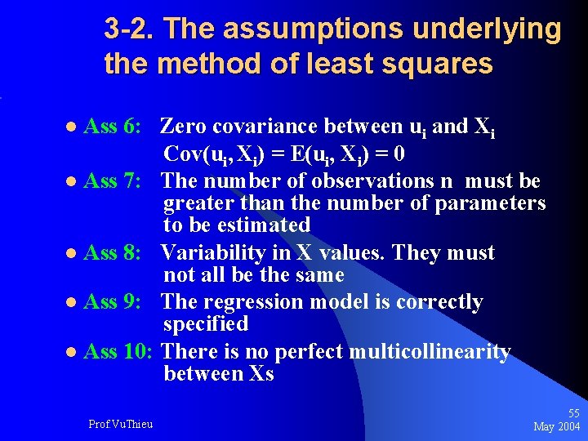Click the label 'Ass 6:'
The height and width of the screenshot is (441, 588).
pyautogui.click(x=114, y=127)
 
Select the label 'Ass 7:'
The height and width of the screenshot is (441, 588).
pyautogui.click(x=114, y=180)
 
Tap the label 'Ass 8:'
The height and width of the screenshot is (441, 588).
pyautogui.click(x=114, y=253)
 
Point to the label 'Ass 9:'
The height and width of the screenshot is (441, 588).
pyautogui.click(x=114, y=302)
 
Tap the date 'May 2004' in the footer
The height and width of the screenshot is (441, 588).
pyautogui.click(x=557, y=427)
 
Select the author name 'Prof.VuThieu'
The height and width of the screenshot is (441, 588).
pyautogui.click(x=120, y=423)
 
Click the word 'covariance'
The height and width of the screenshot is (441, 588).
pyautogui.click(x=274, y=127)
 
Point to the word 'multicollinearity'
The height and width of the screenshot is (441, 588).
pyautogui.click(x=430, y=352)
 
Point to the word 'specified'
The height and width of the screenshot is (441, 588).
pyautogui.click(x=206, y=324)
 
